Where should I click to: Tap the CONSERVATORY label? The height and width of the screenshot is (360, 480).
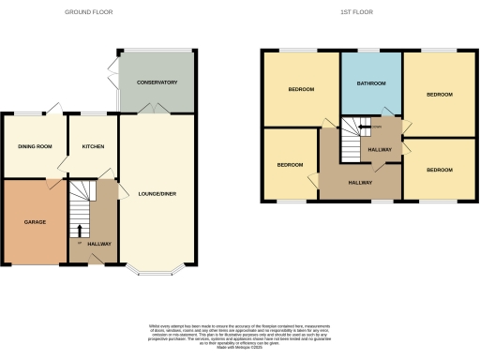coord(157,82)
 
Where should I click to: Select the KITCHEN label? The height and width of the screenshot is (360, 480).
coord(93,147)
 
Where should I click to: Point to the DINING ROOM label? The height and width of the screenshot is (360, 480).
coord(35,147)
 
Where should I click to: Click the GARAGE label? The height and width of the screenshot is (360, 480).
coord(35,222)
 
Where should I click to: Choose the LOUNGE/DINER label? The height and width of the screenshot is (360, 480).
coord(157,193)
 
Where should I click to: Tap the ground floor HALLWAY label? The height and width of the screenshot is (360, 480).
coord(99,244)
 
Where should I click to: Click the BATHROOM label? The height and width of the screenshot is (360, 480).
coord(371,82)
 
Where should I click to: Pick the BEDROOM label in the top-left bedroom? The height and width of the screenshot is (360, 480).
coord(300,89)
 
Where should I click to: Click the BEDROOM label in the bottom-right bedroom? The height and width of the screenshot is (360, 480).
coord(439,170)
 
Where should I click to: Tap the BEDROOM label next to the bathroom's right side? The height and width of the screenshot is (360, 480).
coord(439,95)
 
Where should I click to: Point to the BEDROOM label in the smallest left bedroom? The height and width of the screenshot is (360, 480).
coord(291,165)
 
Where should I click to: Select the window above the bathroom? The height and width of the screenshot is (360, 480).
coord(371,50)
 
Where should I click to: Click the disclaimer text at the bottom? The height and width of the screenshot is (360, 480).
coord(240,334)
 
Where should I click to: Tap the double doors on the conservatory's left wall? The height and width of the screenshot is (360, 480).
coord(114,67)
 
